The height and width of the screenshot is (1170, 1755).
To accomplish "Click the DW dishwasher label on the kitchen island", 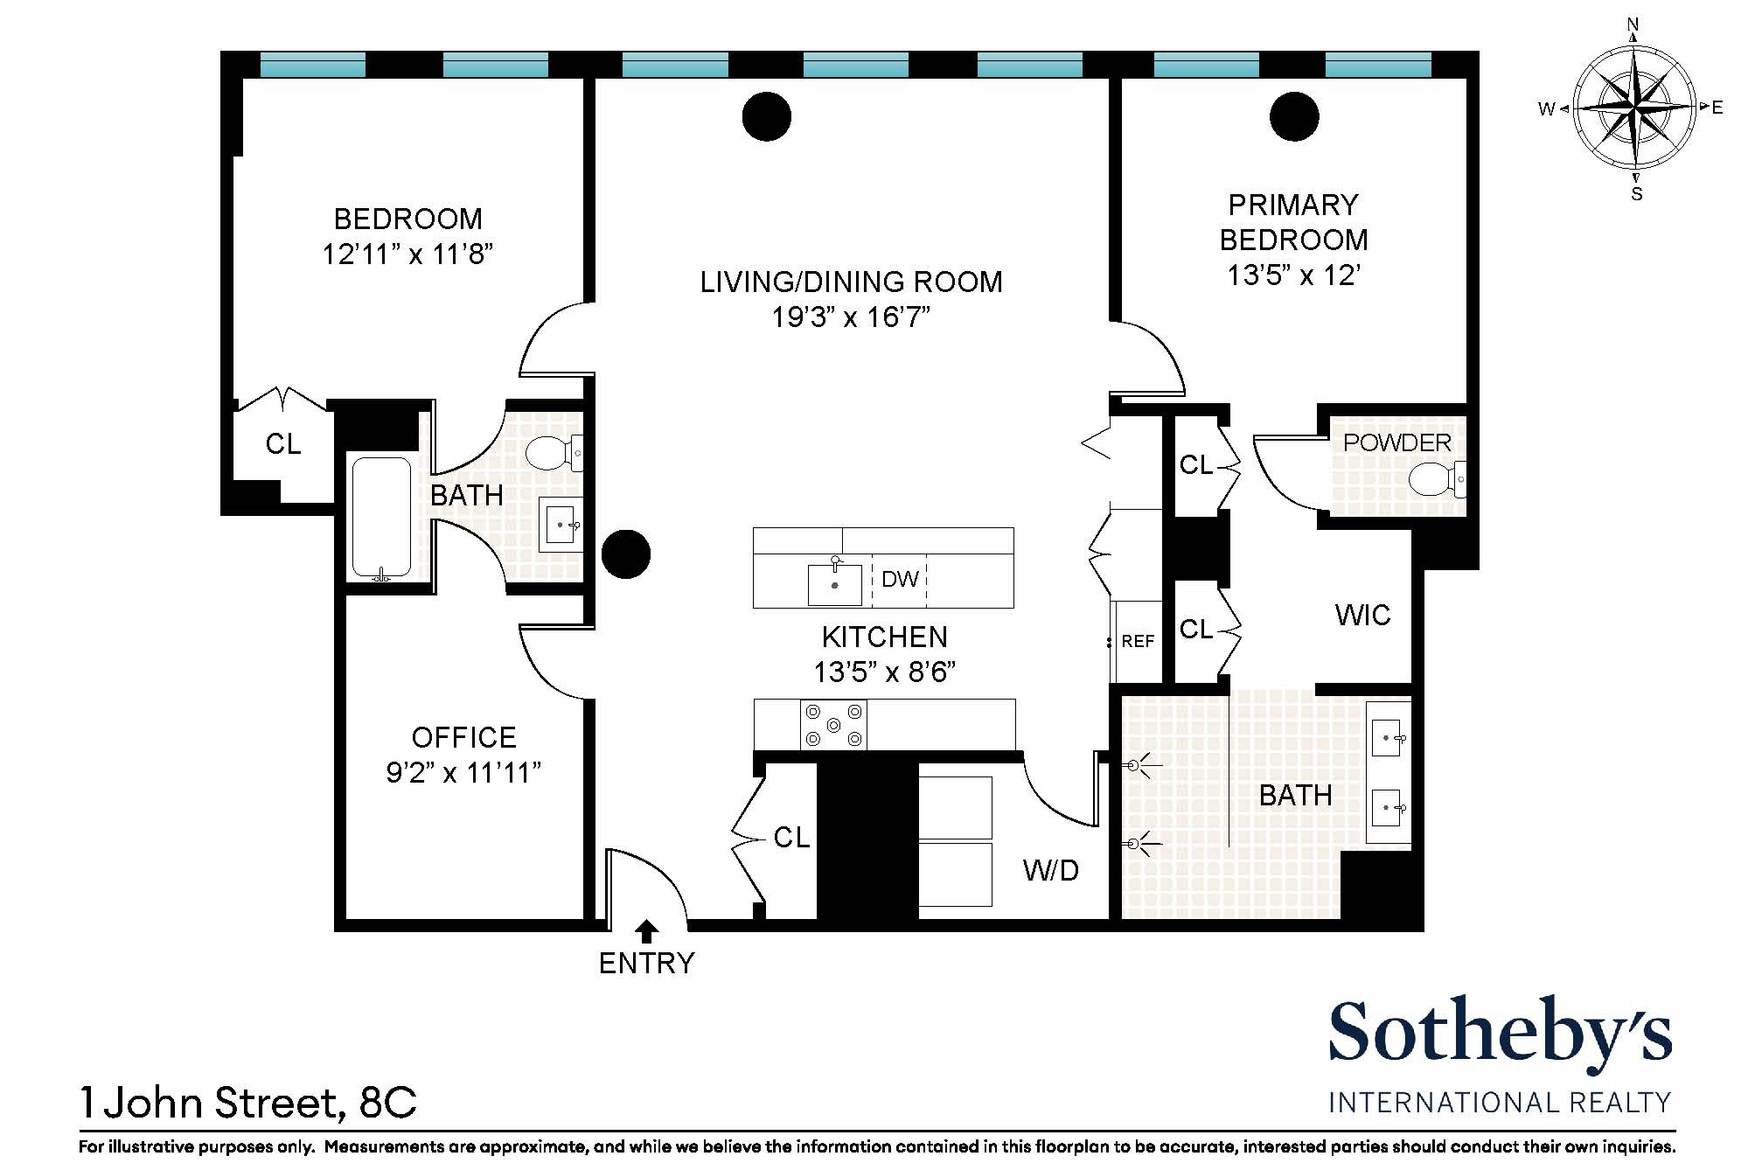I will tap(900, 579).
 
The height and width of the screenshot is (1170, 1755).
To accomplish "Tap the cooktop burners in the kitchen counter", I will tap(833, 725).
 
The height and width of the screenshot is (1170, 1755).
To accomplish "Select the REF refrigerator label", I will tap(1138, 642).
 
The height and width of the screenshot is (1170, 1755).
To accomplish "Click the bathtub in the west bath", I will tap(381, 518).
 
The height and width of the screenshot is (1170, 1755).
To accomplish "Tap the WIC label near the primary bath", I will tap(1362, 616).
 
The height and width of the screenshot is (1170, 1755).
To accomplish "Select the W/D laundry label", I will tap(1050, 871).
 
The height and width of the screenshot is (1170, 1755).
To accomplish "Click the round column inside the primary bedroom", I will tap(1293, 116).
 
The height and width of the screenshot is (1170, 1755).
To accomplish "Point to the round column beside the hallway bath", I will tap(626, 554).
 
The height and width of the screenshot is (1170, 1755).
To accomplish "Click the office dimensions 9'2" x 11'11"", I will tap(463, 773).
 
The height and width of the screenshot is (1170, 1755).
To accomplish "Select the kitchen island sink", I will tap(834, 584).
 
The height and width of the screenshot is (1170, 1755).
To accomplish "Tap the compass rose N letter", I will tap(1633, 24).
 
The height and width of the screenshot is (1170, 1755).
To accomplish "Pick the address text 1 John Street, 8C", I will tap(248, 1103).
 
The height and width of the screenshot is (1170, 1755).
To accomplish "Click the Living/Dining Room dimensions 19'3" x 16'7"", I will tap(850, 317).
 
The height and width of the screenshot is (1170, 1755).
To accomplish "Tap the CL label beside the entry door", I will tap(791, 838).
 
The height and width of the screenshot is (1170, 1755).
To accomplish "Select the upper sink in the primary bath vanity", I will tap(1388, 739).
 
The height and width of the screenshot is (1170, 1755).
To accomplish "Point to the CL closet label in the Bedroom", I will tap(282, 444).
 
